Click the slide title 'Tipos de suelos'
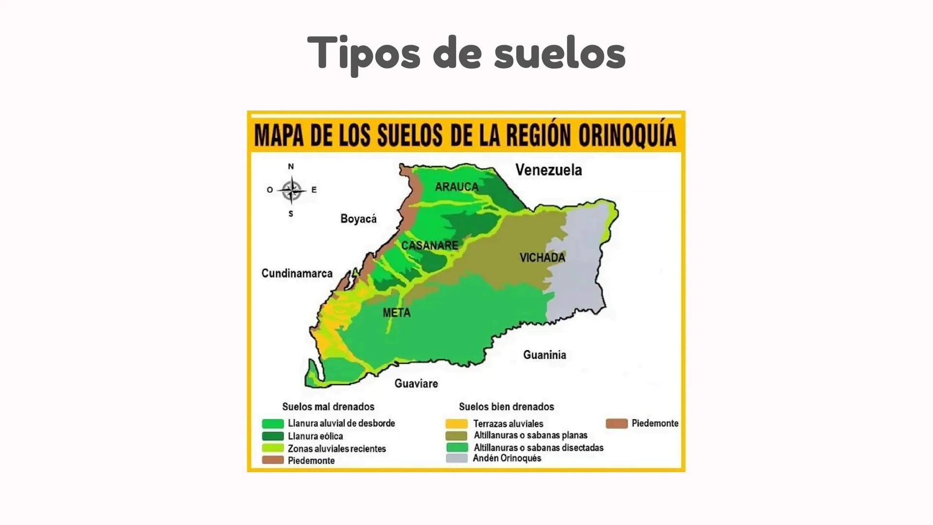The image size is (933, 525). tap(466, 52)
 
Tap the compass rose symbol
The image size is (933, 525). tap(291, 190)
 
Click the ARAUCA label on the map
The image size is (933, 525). tap(457, 187)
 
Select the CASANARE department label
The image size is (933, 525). tap(430, 245)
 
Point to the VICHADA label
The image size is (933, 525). tap(542, 258)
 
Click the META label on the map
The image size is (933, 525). tap(397, 313)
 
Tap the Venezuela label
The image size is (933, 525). tap(548, 170)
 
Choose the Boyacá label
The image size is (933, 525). tap(358, 219)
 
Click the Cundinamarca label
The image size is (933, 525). tap(297, 273)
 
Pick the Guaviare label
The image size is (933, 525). tap(416, 384)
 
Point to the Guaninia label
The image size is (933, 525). tap(545, 355)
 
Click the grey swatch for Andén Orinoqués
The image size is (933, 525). tap(457, 458)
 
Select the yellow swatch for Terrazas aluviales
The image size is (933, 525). tap(457, 424)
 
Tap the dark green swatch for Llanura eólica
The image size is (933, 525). tap(273, 436)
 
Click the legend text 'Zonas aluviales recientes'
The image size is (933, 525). tap(337, 449)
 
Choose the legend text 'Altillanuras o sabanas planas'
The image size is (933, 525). tap(530, 436)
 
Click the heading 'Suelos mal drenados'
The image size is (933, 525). tap(328, 407)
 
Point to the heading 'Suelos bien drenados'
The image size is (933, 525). tap(506, 407)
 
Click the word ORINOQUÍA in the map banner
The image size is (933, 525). tap(627, 135)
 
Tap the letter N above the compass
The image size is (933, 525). tap(291, 166)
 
